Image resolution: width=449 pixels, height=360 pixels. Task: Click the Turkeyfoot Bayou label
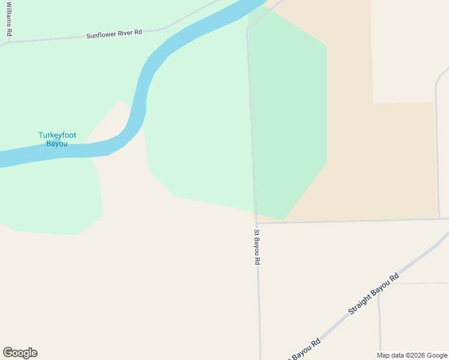click(57, 139)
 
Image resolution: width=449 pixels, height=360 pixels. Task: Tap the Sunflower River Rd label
click(114, 34)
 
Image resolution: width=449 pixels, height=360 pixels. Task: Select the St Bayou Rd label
click(257, 247)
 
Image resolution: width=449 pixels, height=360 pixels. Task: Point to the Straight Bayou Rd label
click(373, 295)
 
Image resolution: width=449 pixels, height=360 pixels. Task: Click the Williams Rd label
click(9, 18)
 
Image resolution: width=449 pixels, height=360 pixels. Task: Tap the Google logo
click(20, 353)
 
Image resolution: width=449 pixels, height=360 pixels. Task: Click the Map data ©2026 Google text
click(412, 355)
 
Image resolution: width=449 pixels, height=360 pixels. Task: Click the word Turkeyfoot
click(57, 135)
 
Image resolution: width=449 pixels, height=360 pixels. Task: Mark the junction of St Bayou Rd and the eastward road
click(257, 223)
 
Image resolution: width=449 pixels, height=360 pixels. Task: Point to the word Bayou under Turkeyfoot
click(57, 144)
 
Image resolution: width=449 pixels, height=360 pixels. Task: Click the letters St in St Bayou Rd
click(256, 232)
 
